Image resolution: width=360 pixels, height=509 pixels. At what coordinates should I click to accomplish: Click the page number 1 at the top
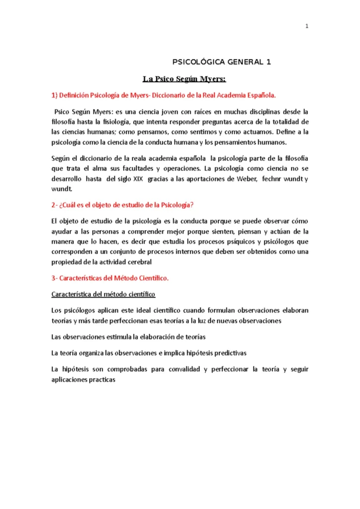pyautogui.click(x=307, y=26)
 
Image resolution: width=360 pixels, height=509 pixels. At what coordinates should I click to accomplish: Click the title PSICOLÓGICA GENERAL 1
pyautogui.click(x=222, y=62)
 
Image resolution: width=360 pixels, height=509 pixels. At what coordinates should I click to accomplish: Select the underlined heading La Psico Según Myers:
pyautogui.click(x=184, y=79)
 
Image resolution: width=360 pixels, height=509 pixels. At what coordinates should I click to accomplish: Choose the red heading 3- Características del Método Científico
pyautogui.click(x=110, y=278)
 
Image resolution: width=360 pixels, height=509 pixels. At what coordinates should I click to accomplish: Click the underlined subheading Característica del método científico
pyautogui.click(x=103, y=294)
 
